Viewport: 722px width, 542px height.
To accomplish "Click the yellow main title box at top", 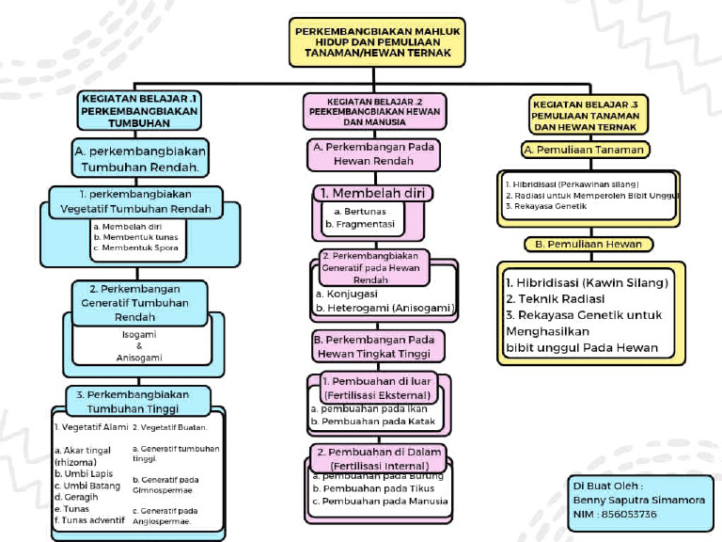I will tap(378, 42).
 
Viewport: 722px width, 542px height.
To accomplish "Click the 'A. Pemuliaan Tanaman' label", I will tap(586, 150).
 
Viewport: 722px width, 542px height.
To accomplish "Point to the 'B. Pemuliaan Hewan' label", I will tap(589, 244).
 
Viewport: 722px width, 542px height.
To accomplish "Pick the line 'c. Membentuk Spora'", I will tap(135, 248).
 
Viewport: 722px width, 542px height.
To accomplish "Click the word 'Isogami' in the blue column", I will tap(139, 333).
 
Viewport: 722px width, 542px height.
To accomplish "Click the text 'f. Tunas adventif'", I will tap(89, 519).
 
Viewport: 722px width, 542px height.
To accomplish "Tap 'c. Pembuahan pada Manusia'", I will tap(379, 501).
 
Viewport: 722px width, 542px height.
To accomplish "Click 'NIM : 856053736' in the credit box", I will tap(615, 514).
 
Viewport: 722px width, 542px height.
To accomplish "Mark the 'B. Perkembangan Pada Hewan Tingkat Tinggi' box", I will tap(372, 345).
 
